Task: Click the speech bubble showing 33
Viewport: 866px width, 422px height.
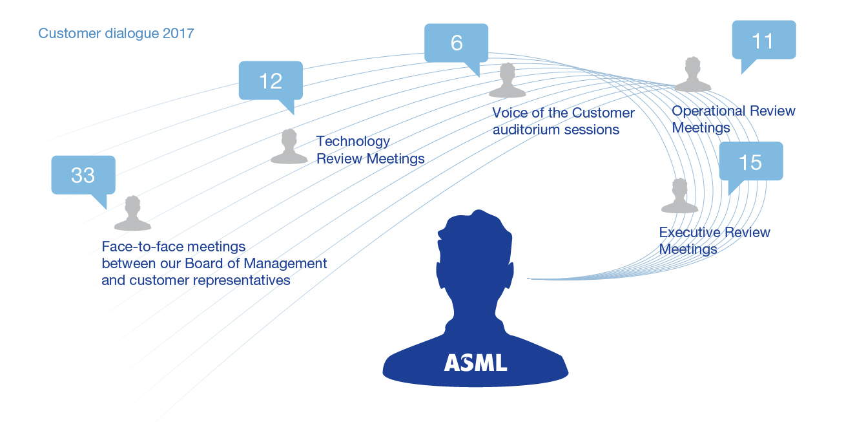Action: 83,175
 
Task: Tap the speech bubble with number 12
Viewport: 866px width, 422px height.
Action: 271,81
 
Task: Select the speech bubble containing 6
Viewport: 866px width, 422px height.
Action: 456,43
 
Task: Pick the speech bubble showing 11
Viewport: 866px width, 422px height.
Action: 763,41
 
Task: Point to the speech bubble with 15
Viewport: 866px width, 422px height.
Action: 750,162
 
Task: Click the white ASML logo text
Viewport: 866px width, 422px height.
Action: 475,362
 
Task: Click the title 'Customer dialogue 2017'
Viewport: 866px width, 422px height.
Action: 116,34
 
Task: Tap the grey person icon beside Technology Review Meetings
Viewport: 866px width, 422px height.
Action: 289,147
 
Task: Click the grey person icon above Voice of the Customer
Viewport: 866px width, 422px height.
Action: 508,81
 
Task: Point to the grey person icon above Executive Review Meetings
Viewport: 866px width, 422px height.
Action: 679,196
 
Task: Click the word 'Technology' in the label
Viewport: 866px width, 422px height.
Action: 353,142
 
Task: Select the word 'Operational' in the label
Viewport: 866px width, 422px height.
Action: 709,111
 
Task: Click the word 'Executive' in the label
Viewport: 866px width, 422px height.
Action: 688,233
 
